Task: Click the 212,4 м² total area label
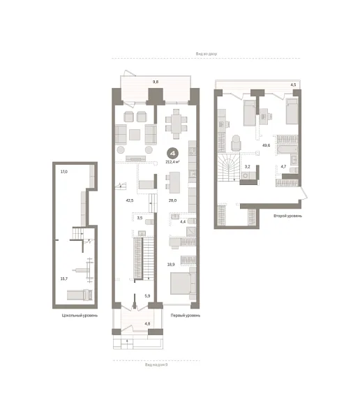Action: click(x=172, y=161)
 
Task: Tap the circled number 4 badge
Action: click(x=172, y=153)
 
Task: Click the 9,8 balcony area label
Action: click(x=156, y=82)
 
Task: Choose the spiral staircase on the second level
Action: click(x=230, y=168)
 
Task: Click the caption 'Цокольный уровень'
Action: click(x=80, y=316)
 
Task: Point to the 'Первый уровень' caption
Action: click(x=186, y=316)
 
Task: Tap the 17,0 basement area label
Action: click(x=63, y=171)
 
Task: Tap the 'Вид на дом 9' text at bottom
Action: click(x=156, y=364)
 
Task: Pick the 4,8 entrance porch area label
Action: click(x=147, y=324)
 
